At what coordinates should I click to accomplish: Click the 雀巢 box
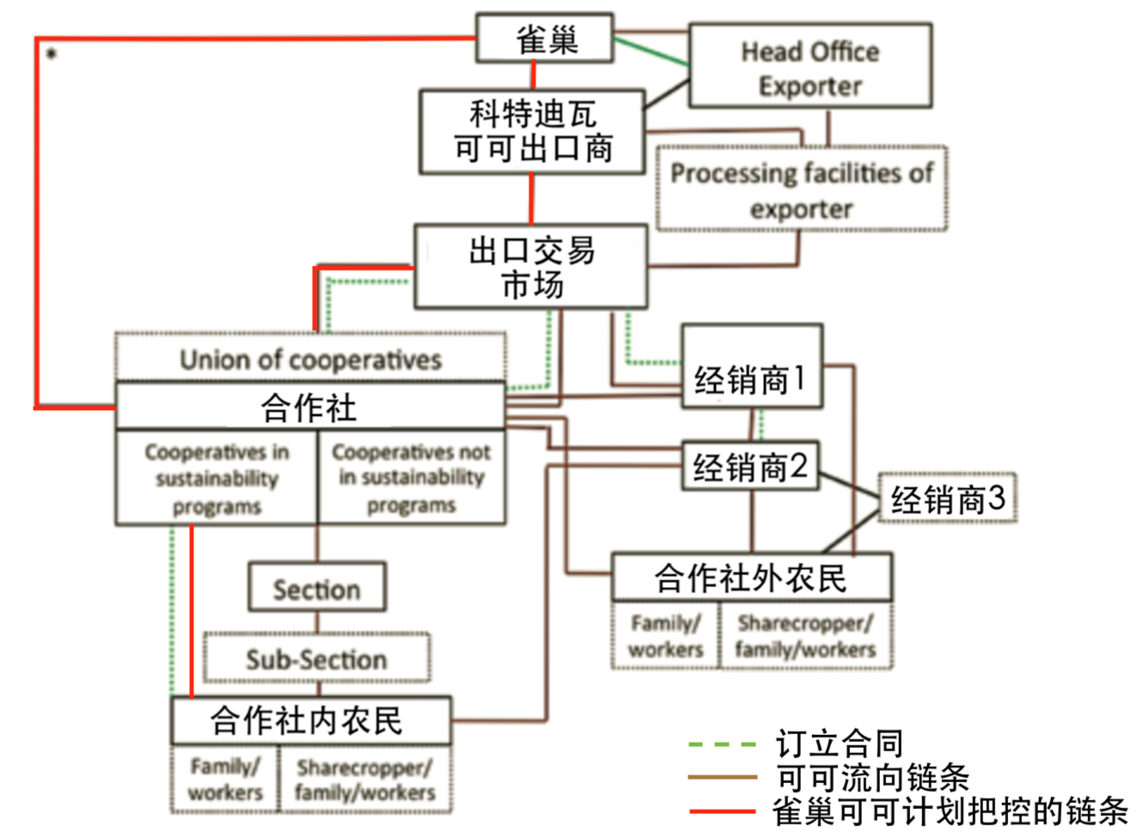[545, 38]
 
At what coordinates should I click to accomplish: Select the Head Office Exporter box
[810, 67]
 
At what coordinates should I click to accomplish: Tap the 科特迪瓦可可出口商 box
[532, 132]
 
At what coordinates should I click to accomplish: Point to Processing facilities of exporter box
[801, 189]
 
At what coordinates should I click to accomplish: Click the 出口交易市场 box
[531, 266]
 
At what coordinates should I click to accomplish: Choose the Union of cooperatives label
[310, 358]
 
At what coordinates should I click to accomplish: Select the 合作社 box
[309, 407]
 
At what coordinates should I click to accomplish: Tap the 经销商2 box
[750, 467]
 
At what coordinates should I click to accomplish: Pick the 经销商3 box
[947, 498]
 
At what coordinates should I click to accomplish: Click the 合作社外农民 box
[751, 577]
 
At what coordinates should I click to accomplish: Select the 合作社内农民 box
[309, 720]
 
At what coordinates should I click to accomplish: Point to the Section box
[316, 588]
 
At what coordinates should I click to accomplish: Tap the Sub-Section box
[316, 658]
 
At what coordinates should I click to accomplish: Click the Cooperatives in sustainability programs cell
[217, 478]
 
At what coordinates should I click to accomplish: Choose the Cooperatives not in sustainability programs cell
[411, 478]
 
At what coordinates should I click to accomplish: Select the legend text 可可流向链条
[872, 777]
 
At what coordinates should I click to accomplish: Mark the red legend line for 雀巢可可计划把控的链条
[722, 810]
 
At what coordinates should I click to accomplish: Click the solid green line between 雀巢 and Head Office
[651, 52]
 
